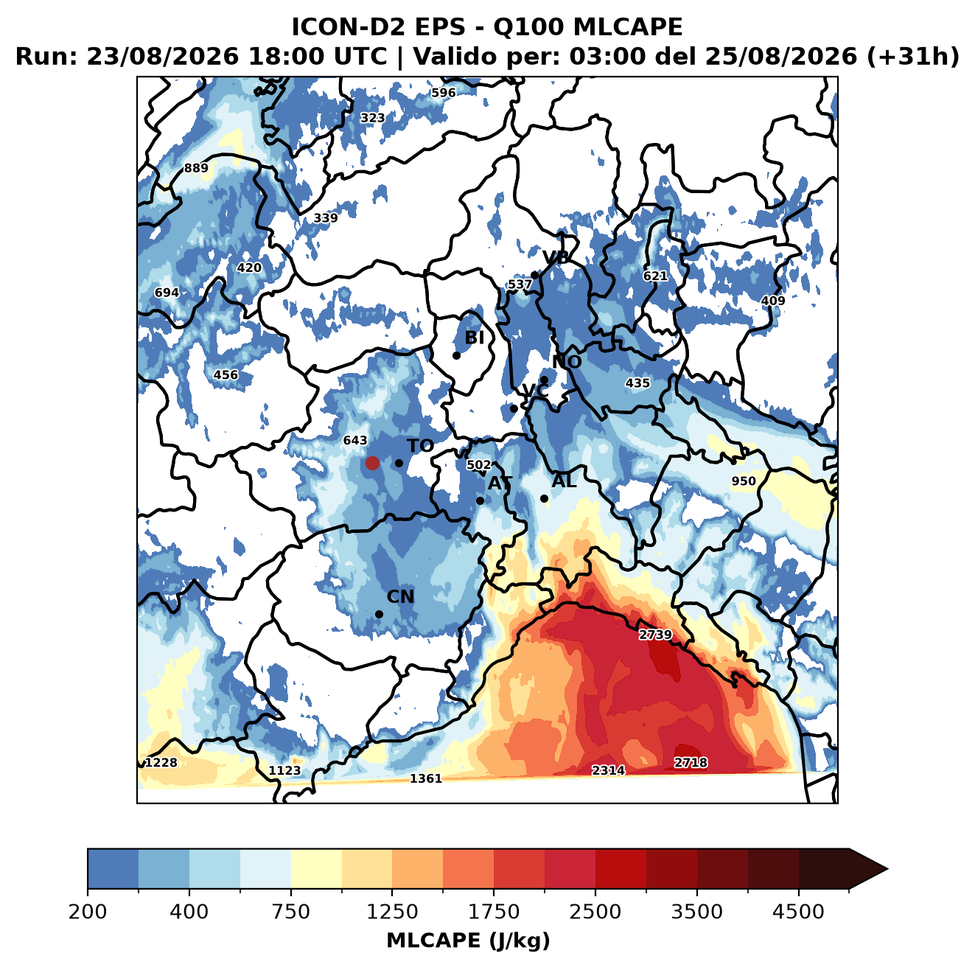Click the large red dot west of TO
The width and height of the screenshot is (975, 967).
[x=372, y=463]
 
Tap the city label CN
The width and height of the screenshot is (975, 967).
[x=400, y=596]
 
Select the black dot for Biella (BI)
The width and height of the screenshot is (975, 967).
[x=456, y=355]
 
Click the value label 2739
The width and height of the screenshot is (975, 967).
[x=655, y=635]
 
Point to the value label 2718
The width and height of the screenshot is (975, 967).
[x=691, y=762]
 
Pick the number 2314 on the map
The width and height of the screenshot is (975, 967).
[x=609, y=770]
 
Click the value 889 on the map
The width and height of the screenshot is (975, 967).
[x=196, y=168]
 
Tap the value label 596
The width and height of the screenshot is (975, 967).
[x=443, y=93]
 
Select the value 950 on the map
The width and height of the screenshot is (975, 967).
[x=744, y=481]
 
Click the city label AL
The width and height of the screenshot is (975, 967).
[x=564, y=481]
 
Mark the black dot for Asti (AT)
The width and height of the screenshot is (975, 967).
[x=480, y=500]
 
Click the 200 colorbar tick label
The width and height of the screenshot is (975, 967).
[x=88, y=911]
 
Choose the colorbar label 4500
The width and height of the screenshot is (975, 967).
[x=798, y=911]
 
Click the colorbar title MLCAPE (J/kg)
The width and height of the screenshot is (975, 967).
[x=468, y=940]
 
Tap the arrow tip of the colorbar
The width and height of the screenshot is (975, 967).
[x=887, y=870]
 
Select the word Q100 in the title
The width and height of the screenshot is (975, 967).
[x=528, y=27]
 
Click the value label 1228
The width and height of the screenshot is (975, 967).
[x=161, y=762]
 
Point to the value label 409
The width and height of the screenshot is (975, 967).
[x=773, y=301]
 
